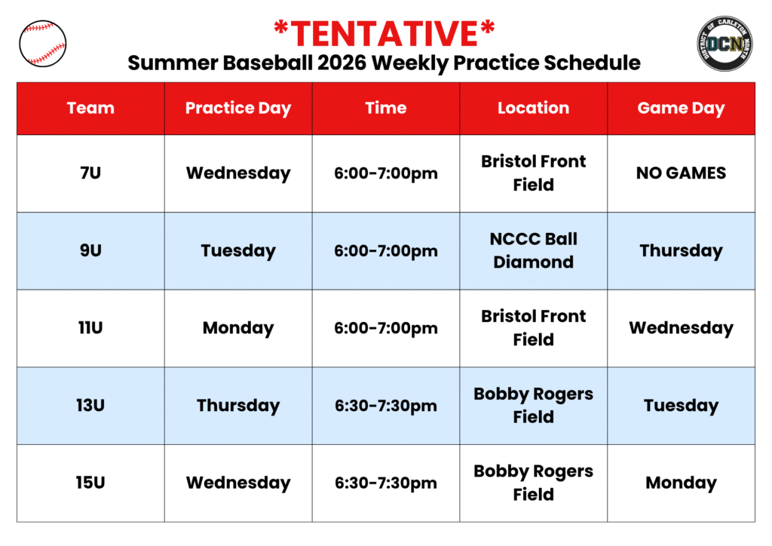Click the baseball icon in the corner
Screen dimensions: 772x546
[x=43, y=43]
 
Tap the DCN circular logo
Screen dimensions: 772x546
[x=725, y=43]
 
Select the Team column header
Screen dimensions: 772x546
[x=90, y=108]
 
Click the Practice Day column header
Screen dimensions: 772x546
[x=238, y=109]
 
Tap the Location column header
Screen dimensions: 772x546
[x=533, y=108]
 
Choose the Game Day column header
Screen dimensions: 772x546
[x=681, y=109]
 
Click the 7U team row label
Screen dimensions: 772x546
[x=90, y=173]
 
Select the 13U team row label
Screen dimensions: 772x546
[x=90, y=405]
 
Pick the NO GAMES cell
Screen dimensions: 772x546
[x=681, y=173]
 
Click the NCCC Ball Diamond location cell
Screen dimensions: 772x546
[x=533, y=250]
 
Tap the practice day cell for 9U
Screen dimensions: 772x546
[x=238, y=251]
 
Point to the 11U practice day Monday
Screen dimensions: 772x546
[x=238, y=328]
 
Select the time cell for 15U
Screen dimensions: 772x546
[x=386, y=483]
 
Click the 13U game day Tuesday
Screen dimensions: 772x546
[x=681, y=406]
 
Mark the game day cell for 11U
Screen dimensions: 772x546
[x=681, y=328]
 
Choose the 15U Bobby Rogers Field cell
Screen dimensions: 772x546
[x=533, y=483]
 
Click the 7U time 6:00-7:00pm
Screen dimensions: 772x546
[x=386, y=173]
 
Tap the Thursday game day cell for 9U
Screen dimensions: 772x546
[x=681, y=251]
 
